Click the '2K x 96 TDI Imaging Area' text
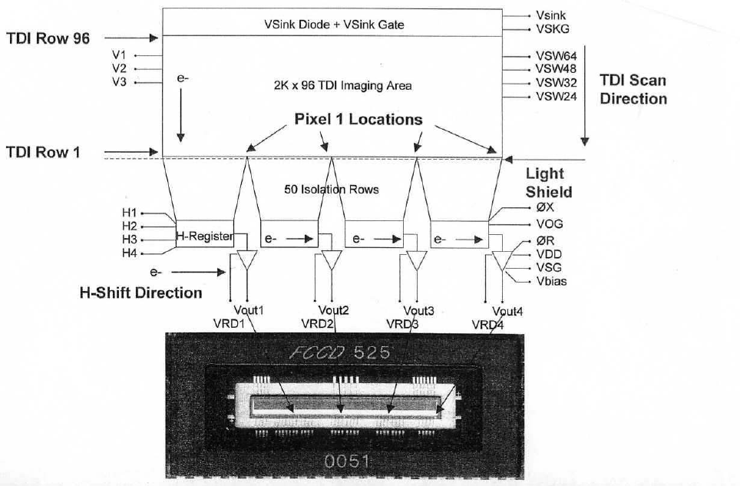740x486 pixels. [x=342, y=86]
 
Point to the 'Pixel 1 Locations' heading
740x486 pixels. [x=358, y=120]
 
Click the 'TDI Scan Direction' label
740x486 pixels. [x=633, y=89]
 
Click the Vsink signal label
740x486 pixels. [x=552, y=15]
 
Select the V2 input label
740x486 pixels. [x=119, y=69]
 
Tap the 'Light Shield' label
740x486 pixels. [x=549, y=183]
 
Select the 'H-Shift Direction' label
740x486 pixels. [x=141, y=293]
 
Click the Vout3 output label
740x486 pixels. [x=418, y=311]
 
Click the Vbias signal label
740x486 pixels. [x=552, y=281]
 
